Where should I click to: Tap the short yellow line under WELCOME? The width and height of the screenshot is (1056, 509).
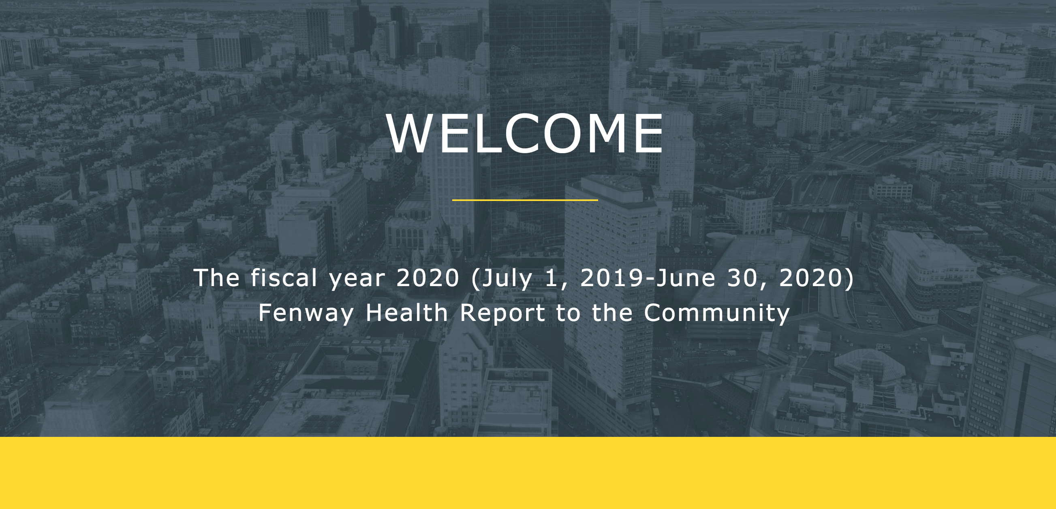point(525,200)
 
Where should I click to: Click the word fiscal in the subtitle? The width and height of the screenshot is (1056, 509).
point(284,278)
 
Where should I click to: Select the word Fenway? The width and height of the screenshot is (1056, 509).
point(306,314)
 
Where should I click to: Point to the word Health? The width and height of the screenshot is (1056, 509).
point(407,313)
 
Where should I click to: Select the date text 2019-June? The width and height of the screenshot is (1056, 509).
point(648,278)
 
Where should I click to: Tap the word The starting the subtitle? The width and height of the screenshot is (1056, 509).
point(216,278)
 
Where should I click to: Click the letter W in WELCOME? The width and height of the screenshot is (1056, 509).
point(411,133)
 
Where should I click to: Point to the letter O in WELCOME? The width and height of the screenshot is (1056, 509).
point(571,133)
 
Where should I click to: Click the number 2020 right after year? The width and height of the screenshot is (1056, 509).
point(428,278)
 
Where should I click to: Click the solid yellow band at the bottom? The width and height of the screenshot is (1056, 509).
point(528,473)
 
